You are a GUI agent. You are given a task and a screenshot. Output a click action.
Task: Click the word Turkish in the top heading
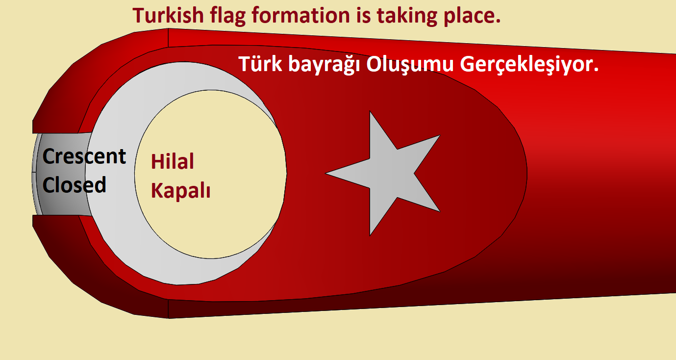pyautogui.click(x=169, y=15)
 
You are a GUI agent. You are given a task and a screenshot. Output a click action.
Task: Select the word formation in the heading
pyautogui.click(x=301, y=15)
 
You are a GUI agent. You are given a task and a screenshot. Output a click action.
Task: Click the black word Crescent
pyautogui.click(x=84, y=156)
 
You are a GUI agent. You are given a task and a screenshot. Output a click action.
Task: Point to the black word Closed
pyautogui.click(x=74, y=184)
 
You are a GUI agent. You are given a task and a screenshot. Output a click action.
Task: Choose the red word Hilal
pyautogui.click(x=173, y=161)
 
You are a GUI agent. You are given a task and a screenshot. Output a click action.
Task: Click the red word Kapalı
pyautogui.click(x=180, y=191)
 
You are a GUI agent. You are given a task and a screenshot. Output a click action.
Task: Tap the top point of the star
pyautogui.click(x=370, y=111)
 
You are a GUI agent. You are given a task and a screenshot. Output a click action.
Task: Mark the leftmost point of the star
pyautogui.click(x=325, y=173)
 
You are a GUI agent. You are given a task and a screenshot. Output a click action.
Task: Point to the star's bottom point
pyautogui.click(x=370, y=235)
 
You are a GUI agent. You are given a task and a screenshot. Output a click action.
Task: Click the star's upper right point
pyautogui.click(x=440, y=135)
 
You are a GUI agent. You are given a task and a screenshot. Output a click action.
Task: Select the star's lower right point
pyautogui.click(x=440, y=211)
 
